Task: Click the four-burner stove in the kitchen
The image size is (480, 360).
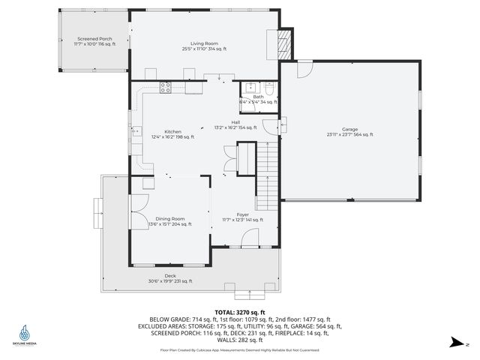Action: [x=166, y=87]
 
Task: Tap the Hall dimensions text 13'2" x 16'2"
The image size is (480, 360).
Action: [x=235, y=127]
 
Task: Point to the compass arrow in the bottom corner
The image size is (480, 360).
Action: [x=454, y=343]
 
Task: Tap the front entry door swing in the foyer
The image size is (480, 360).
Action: [x=250, y=238]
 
